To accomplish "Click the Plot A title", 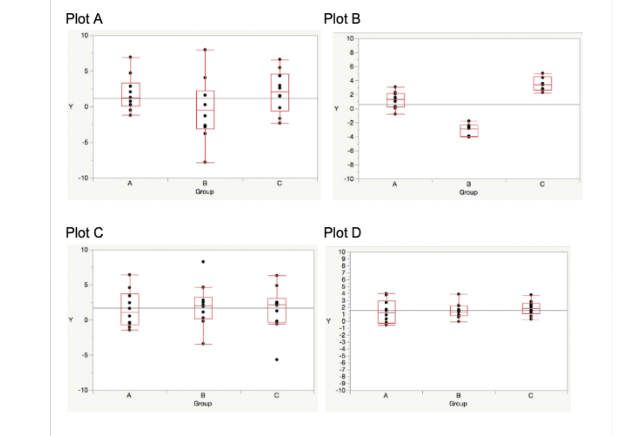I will coord(84,19).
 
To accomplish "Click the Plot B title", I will coord(342,19).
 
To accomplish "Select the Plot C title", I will coord(84,233).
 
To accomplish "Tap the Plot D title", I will coord(342,233).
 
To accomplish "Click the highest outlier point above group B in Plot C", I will coord(203,262).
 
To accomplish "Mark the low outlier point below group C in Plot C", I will coord(277,359).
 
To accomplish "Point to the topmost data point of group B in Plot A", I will coord(205,50).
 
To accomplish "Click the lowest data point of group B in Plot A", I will coord(205,162).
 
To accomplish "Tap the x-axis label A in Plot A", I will coord(130,183).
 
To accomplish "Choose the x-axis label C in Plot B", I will coord(542,184).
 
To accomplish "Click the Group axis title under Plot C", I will coord(202,403).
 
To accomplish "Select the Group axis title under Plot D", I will coord(458,404).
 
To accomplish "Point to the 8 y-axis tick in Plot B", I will coord(351,52).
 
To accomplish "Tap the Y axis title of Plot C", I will coord(71,320).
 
